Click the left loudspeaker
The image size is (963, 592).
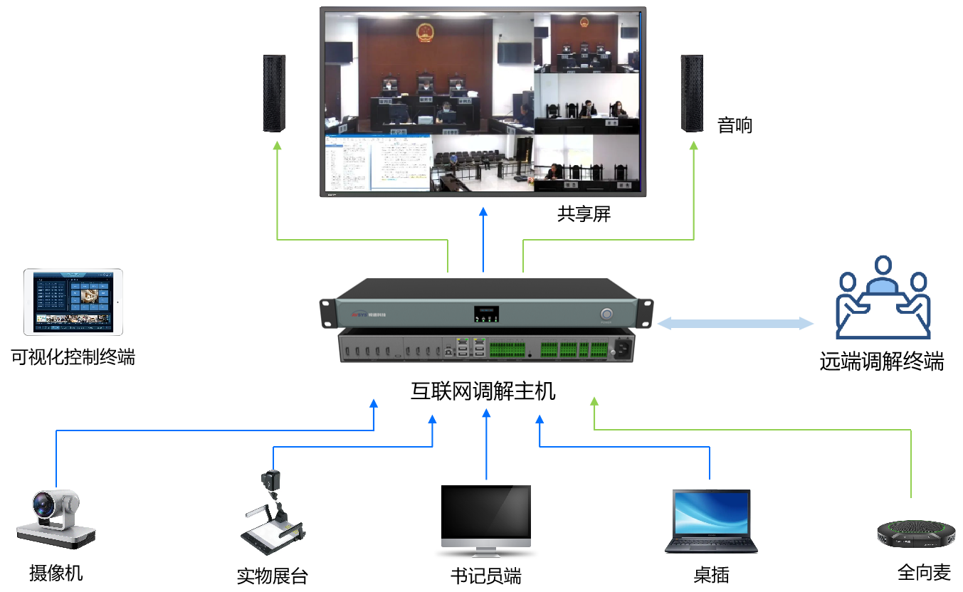tap(274, 92)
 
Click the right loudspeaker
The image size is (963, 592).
tap(690, 92)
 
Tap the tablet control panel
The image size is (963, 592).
tap(73, 302)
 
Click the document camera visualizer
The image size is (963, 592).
tap(275, 513)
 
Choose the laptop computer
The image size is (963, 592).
tap(711, 521)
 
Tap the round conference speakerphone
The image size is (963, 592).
tap(910, 532)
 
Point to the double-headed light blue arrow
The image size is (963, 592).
tap(735, 324)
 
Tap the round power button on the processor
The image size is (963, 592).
tap(607, 314)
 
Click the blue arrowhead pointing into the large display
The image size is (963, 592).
tap(483, 211)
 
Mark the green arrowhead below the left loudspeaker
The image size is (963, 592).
tap(277, 145)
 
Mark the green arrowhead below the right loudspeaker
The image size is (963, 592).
tap(693, 145)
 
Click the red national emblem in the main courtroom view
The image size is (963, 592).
tap(425, 31)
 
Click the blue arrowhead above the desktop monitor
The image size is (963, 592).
tap(486, 413)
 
